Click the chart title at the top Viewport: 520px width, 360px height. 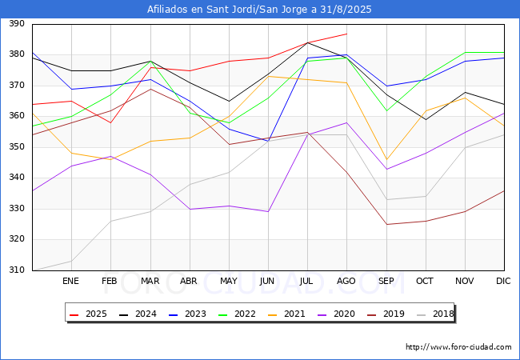click(259, 10)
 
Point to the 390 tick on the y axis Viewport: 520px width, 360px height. click(15, 24)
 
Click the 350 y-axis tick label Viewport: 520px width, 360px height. click(15, 147)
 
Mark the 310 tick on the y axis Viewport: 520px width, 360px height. click(15, 270)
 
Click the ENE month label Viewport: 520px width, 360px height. click(71, 281)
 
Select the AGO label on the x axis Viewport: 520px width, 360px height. click(346, 281)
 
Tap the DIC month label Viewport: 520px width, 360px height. click(503, 281)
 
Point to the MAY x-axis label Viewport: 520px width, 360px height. click(229, 281)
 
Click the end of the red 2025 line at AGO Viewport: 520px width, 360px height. click(346, 34)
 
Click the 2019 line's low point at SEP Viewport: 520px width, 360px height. click(386, 224)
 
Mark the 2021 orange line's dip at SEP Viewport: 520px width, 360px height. click(386, 159)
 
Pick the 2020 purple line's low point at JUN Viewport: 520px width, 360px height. click(268, 212)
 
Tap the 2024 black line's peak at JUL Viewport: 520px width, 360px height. click(307, 42)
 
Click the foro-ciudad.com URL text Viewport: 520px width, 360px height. click(458, 347)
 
